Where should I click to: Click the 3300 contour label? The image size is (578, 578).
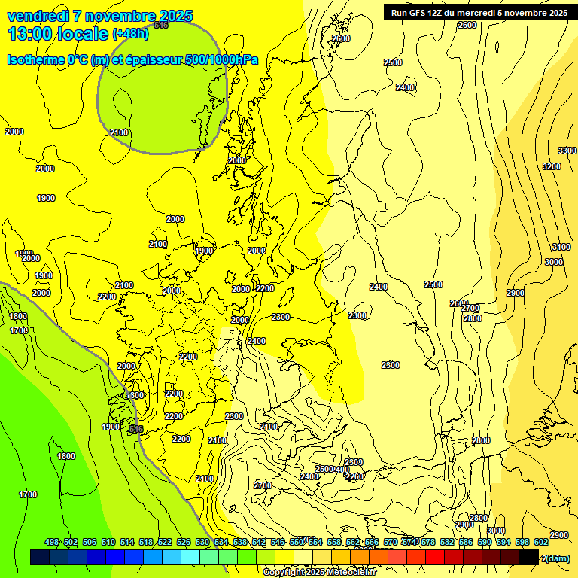coord(567,151)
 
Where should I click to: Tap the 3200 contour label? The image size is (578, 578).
coord(552,166)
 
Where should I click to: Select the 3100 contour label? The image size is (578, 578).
coord(561,247)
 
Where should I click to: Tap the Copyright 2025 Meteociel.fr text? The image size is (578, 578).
coord(318,572)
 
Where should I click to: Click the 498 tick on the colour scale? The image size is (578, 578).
coord(52,542)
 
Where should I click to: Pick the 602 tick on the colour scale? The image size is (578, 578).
coord(541,542)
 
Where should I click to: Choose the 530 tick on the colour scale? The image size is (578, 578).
coord(202,542)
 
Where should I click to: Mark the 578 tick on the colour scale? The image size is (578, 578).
coord(428,542)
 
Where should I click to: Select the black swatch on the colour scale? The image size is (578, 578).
coord(530,557)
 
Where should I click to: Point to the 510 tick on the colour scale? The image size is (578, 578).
coord(108,542)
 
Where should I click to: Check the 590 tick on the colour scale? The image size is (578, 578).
coord(485,542)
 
